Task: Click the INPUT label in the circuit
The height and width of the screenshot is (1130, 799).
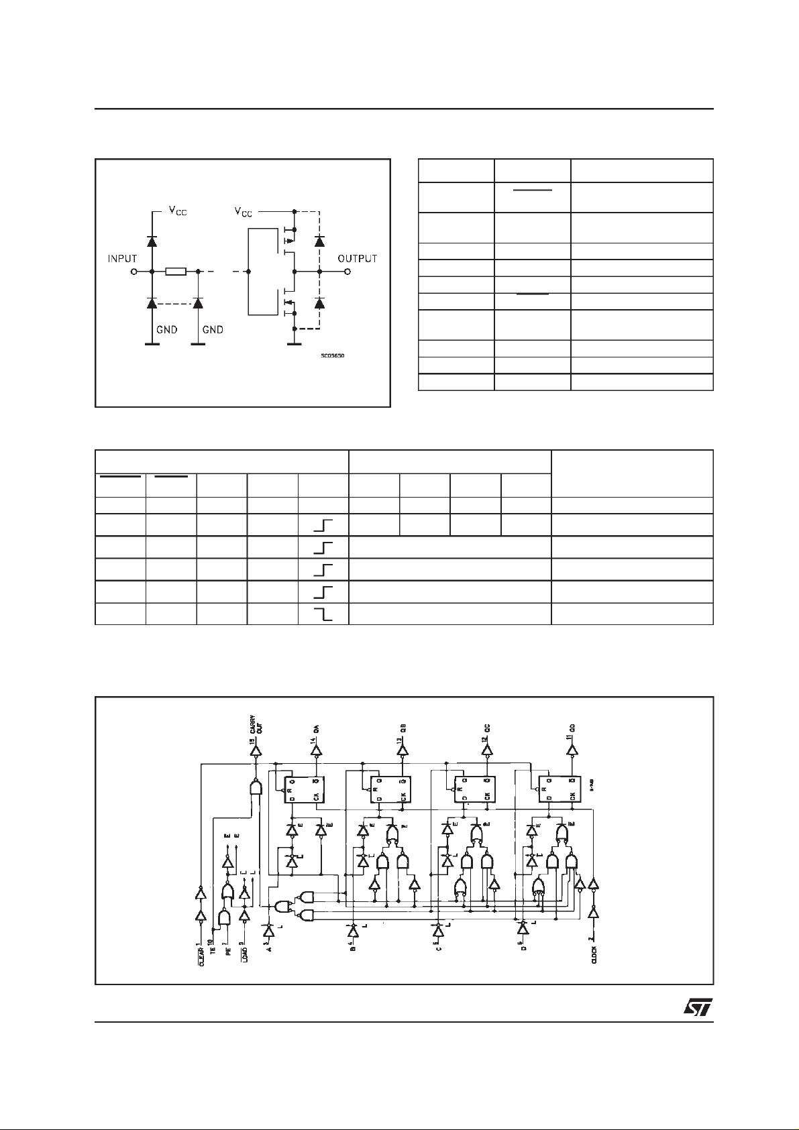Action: pos(122,259)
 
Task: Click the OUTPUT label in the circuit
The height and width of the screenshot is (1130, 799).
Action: pos(357,259)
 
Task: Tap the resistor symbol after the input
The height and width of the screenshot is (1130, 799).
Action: pos(176,272)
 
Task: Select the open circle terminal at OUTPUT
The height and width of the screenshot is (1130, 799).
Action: pos(347,272)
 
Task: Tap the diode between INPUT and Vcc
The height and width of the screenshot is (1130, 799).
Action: pos(152,241)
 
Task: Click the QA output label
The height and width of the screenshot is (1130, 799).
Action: pos(316,728)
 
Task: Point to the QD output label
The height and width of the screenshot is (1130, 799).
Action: pos(573,728)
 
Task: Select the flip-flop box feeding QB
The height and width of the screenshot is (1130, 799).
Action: pos(388,788)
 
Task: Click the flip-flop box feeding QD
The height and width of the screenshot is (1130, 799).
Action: pos(557,788)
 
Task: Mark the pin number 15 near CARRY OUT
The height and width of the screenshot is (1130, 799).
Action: pos(252,742)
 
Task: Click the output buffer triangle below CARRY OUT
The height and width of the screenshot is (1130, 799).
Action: pos(255,752)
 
